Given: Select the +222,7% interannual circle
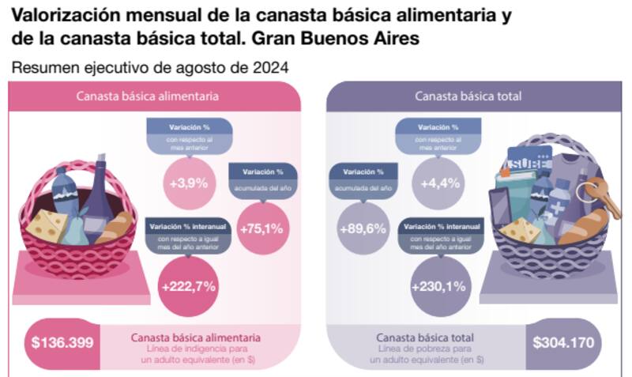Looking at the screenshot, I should point(188,285).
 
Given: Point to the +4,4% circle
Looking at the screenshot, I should point(439,183).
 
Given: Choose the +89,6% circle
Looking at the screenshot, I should point(362,230).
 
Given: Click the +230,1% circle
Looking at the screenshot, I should point(439,285).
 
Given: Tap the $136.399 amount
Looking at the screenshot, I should point(63,343).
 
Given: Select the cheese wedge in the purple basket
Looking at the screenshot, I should point(517,231).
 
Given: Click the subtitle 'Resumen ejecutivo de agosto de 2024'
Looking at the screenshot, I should point(149,68).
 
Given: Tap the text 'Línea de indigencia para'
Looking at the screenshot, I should point(194,349).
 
